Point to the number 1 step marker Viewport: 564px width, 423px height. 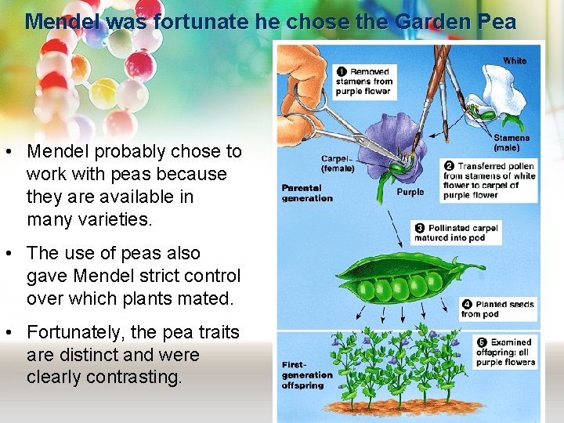pos(342,71)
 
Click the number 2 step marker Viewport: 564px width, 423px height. pos(449,166)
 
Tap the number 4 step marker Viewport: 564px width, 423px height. pos(467,304)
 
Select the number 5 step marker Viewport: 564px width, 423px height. pos(482,342)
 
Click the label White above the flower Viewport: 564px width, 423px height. pos(515,60)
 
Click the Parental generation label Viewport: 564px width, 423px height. pos(307,193)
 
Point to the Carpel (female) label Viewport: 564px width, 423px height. pos(338,163)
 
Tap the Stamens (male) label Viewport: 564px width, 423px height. pos(511,143)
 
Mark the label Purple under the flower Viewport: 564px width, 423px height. pos(410,192)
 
